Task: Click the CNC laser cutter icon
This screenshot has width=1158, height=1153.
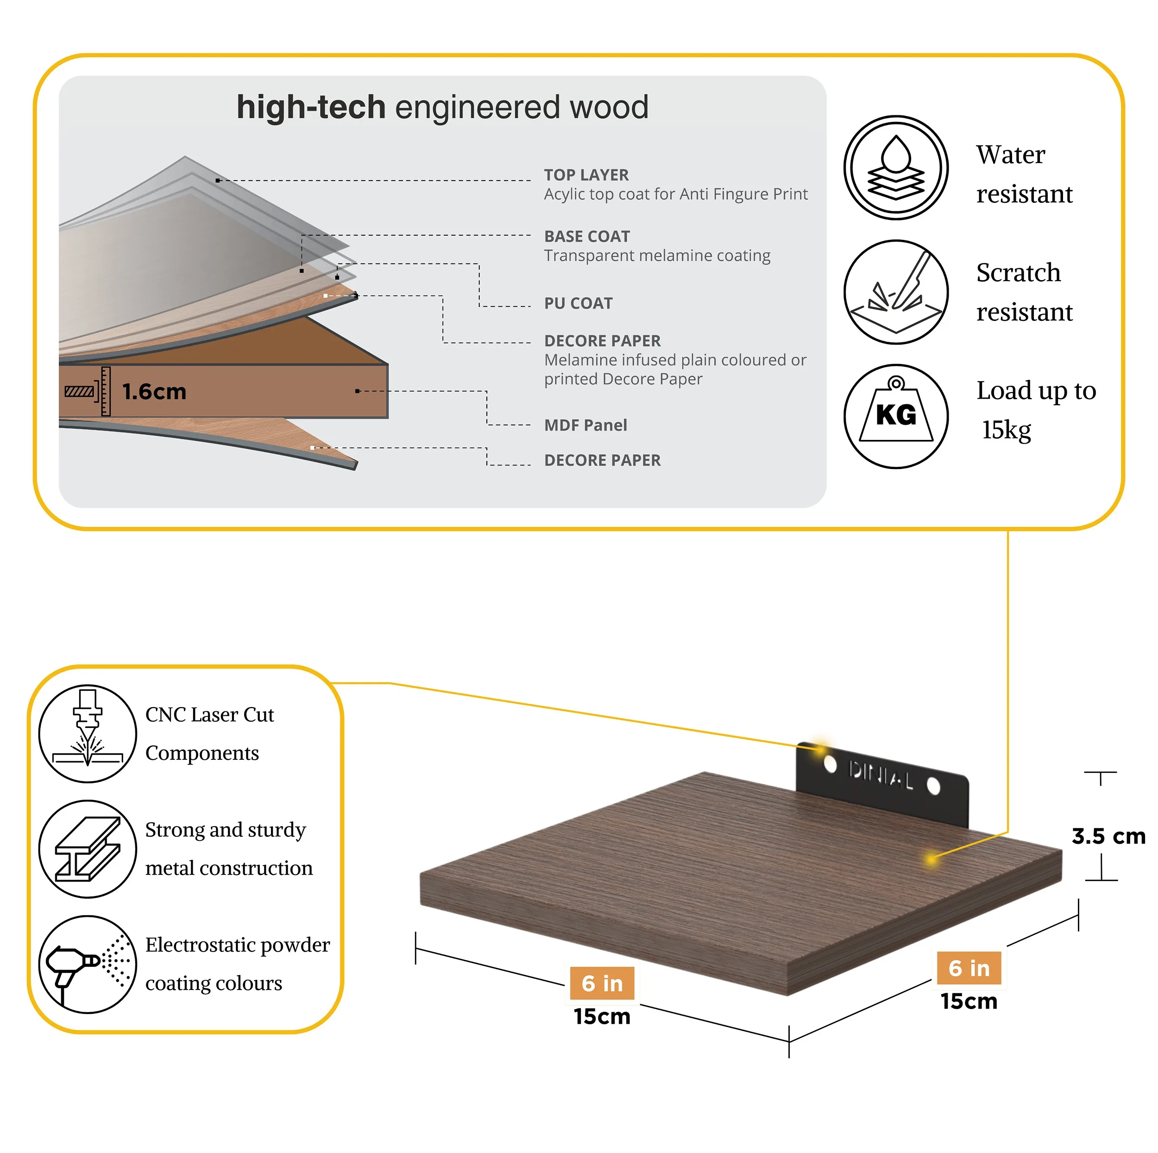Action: [88, 733]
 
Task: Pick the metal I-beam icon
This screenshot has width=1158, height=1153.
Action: [88, 849]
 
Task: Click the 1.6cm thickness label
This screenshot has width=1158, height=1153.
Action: [154, 391]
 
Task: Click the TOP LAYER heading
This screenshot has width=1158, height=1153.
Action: [586, 175]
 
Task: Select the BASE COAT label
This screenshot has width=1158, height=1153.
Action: [587, 236]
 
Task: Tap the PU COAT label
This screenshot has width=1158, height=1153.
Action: [579, 303]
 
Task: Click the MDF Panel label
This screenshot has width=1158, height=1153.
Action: [585, 425]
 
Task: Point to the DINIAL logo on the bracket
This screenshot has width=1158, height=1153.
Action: [881, 776]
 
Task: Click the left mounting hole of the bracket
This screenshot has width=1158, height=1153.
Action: [830, 764]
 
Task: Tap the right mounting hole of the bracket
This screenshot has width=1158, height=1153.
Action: [933, 786]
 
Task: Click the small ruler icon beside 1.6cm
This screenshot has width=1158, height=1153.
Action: [88, 391]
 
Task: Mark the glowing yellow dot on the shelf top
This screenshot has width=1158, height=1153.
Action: [931, 859]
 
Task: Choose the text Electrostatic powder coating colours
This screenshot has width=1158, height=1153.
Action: [237, 964]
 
